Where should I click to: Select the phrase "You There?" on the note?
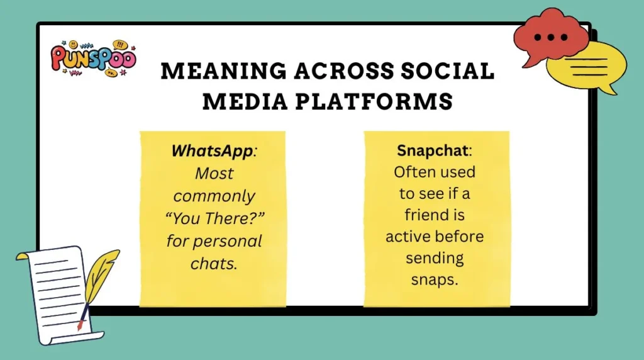click(213, 218)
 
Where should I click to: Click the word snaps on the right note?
click(434, 279)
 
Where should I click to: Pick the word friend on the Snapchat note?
click(434, 215)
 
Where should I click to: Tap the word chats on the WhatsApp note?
click(213, 263)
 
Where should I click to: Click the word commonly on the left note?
click(213, 196)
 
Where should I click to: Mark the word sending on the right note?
click(434, 258)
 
